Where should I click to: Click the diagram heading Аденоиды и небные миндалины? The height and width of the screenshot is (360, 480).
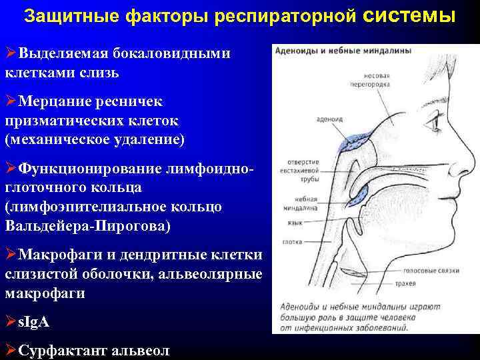tap(339, 51)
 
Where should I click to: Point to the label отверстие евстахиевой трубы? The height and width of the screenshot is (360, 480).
tap(303, 170)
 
